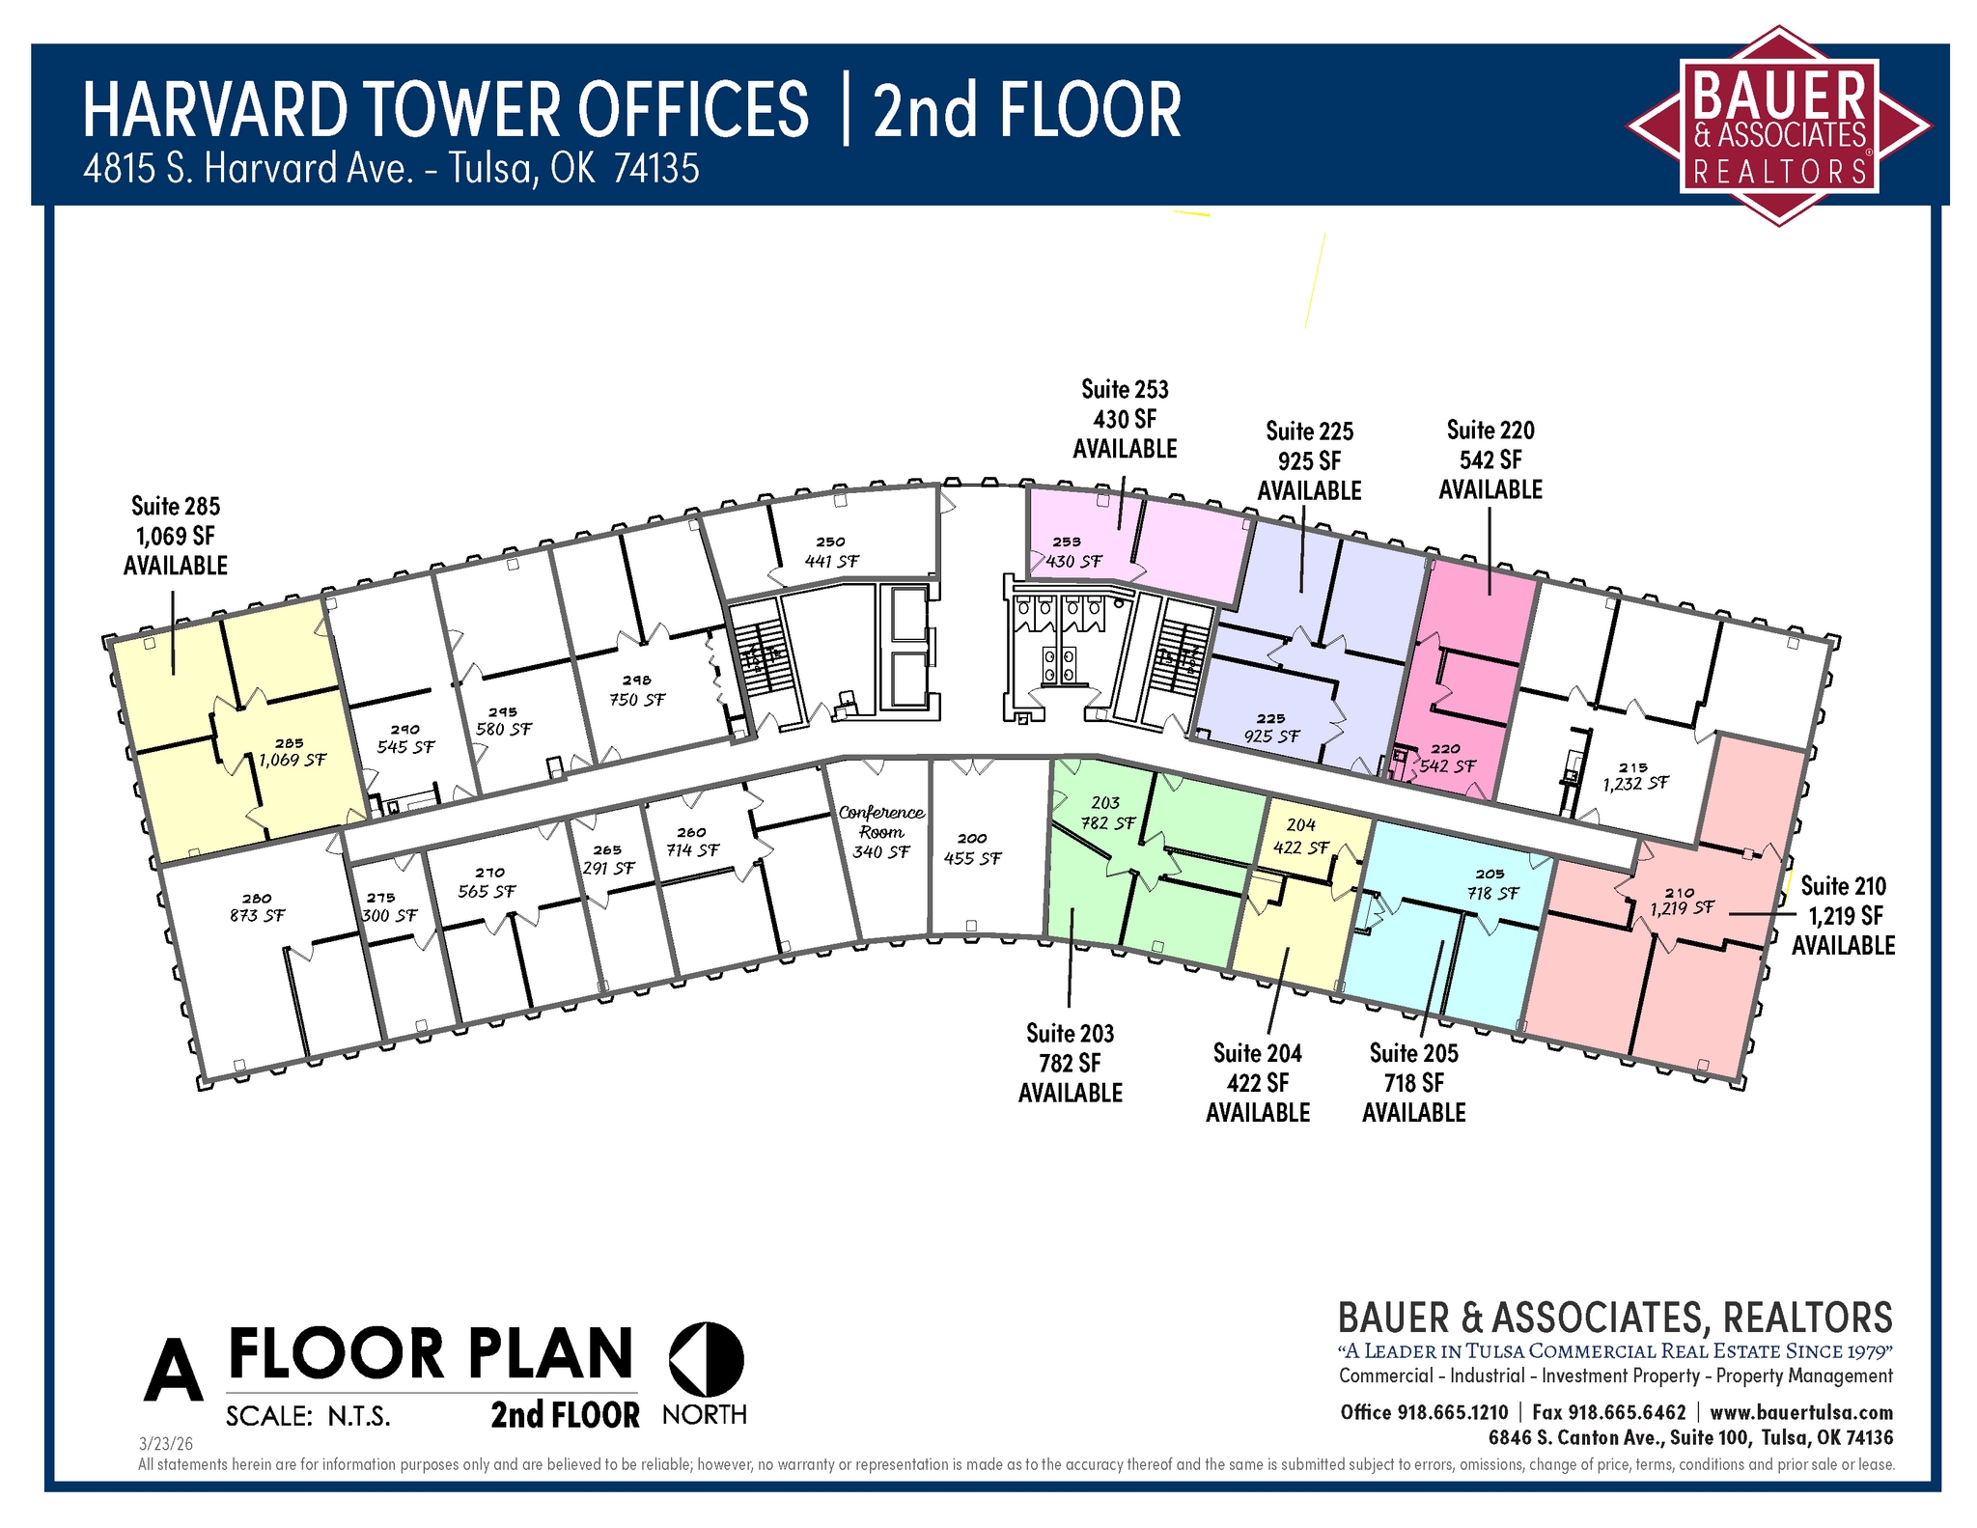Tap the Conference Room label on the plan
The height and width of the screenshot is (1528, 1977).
(x=881, y=822)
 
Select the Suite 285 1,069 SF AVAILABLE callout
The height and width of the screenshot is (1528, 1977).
(x=176, y=536)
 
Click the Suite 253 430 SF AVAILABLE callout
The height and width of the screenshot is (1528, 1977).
(x=1125, y=419)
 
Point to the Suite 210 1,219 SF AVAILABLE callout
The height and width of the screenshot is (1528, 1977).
(x=1844, y=915)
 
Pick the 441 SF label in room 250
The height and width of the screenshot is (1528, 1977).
(x=831, y=561)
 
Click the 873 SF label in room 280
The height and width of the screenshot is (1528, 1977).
(x=257, y=915)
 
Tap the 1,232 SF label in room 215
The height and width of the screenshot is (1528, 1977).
(x=1635, y=784)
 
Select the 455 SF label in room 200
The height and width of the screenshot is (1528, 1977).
(x=972, y=858)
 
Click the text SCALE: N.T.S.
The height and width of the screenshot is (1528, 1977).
(x=308, y=1416)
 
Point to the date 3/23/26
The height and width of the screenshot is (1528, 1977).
(x=166, y=1444)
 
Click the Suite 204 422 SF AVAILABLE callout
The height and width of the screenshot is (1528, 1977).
(x=1258, y=1082)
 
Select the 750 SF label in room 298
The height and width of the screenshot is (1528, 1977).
(x=637, y=700)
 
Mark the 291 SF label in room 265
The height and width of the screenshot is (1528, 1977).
(x=608, y=868)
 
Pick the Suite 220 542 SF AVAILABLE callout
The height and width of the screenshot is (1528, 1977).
(x=1490, y=459)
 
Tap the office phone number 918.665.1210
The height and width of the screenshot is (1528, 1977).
(x=1452, y=1412)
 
